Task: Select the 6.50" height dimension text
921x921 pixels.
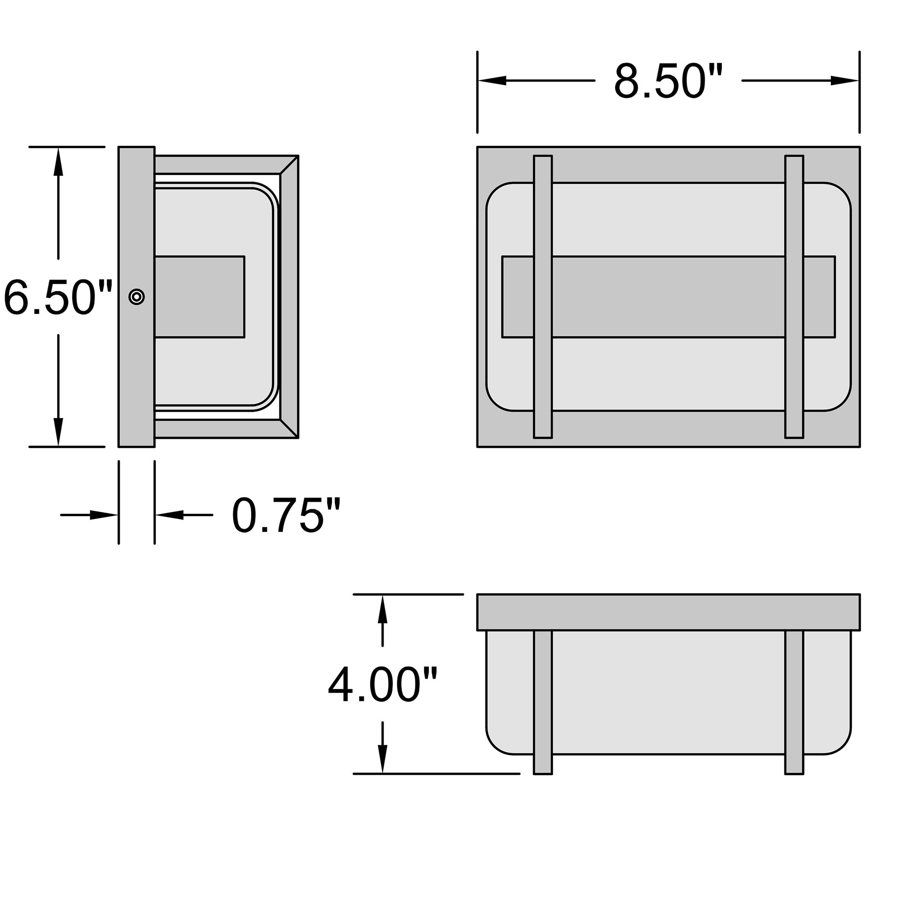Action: tap(57, 297)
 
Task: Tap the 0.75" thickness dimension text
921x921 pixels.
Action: tap(286, 515)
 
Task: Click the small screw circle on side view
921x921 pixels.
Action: tap(137, 297)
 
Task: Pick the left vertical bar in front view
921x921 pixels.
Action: tap(542, 297)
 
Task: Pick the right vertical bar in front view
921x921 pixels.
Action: tap(794, 297)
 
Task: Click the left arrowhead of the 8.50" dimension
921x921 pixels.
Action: tap(491, 81)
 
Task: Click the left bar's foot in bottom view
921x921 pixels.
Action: tap(542, 764)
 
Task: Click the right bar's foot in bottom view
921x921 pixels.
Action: tap(794, 764)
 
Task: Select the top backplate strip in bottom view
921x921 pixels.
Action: tap(668, 612)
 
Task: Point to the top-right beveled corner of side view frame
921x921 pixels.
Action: tap(289, 164)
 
